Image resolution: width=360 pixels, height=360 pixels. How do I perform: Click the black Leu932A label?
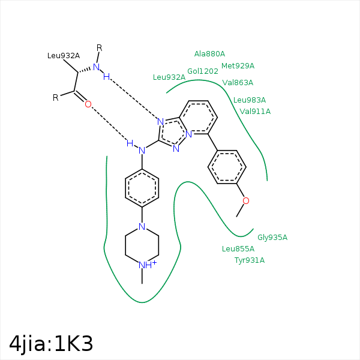64,56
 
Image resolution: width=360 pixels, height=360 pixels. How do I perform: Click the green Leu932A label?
169,77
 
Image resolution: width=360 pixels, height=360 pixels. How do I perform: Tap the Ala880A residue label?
209,54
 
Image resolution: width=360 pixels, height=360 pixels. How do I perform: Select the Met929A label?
238,66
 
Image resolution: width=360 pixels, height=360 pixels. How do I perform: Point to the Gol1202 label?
203,71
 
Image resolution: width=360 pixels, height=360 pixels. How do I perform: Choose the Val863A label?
238,83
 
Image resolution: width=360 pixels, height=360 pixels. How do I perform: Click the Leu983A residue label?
250,100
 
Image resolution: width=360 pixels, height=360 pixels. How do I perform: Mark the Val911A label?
255,111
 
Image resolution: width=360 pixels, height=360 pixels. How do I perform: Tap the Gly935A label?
272,237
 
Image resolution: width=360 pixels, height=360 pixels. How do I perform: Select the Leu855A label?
238,248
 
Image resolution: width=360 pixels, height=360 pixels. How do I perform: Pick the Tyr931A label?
250,260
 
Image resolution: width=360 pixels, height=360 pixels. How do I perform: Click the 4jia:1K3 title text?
52,343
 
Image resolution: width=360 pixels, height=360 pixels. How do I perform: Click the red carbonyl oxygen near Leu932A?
88,104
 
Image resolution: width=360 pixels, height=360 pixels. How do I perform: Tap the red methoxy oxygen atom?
245,200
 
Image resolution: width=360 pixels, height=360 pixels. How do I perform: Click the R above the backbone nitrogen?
100,48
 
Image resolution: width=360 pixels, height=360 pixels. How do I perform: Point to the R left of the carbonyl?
55,97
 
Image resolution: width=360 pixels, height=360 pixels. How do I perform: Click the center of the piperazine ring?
142,246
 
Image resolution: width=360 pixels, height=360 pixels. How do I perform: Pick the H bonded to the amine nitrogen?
130,143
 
